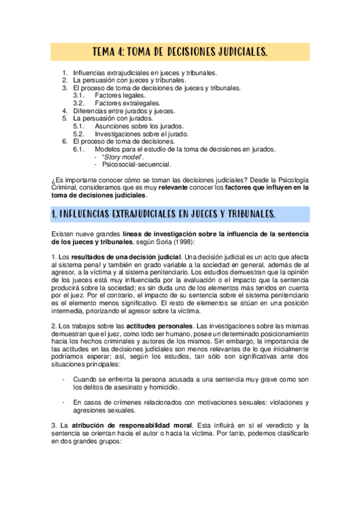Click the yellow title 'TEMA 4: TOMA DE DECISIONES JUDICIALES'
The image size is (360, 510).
point(180,53)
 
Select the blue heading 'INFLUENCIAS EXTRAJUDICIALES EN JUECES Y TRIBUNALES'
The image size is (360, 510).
point(163,214)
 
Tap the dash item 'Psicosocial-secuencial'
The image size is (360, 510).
point(136,164)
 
